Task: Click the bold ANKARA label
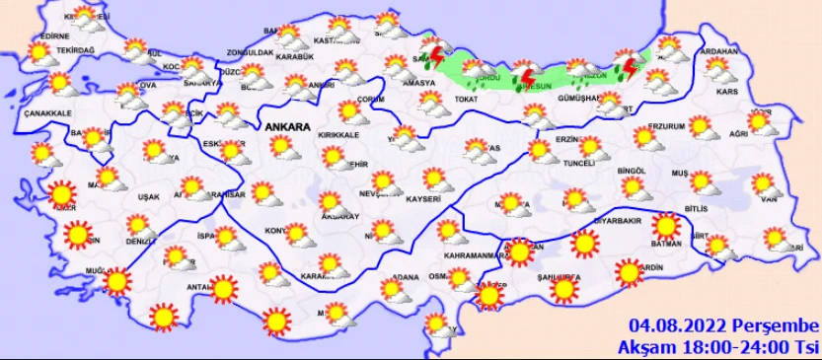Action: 286,128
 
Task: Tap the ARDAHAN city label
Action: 717,50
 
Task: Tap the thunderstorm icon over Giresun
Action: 529,76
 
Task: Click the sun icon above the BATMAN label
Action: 667,226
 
